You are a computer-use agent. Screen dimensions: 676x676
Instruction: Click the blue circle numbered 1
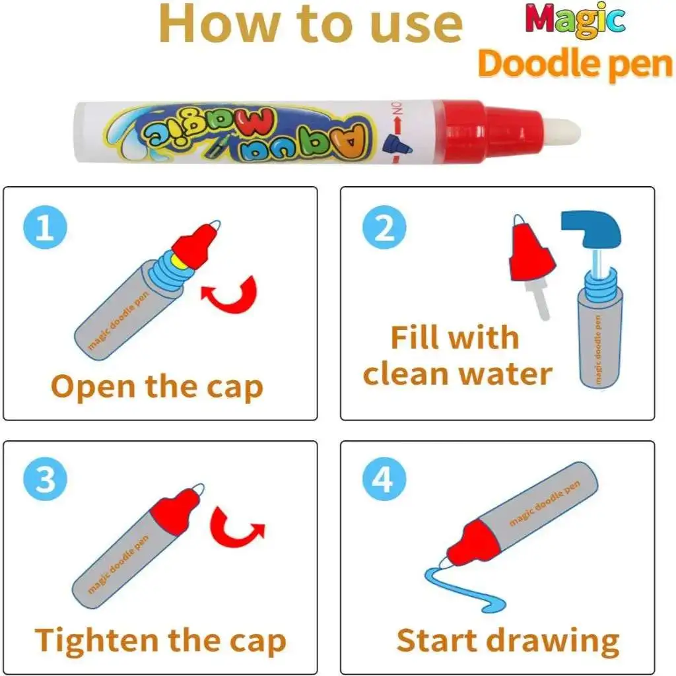(x=46, y=227)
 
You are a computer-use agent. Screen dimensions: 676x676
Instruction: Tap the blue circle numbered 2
(x=384, y=227)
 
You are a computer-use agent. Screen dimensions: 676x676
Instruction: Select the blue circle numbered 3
(x=46, y=479)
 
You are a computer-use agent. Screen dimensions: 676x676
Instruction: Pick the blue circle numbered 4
(x=384, y=479)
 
